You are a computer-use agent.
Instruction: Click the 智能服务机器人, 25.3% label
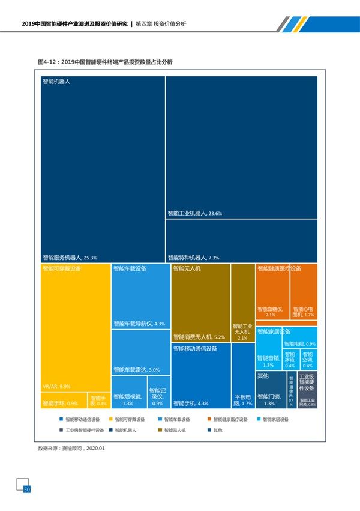(70, 257)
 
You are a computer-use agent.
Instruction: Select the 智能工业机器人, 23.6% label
(195, 213)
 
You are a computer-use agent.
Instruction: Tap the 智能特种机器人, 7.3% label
(193, 257)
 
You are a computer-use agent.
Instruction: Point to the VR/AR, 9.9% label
(56, 386)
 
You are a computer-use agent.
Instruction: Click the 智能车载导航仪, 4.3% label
(139, 324)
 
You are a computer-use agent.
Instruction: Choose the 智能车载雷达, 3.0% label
(137, 370)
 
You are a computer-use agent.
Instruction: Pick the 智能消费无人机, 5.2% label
(199, 337)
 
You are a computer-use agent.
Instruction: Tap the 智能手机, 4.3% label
(191, 404)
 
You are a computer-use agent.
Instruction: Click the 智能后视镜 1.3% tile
(128, 400)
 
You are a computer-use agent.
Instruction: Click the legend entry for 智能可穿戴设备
(127, 420)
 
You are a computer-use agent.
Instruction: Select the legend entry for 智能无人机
(172, 431)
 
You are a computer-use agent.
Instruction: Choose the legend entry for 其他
(214, 431)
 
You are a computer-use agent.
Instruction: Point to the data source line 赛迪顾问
(71, 448)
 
